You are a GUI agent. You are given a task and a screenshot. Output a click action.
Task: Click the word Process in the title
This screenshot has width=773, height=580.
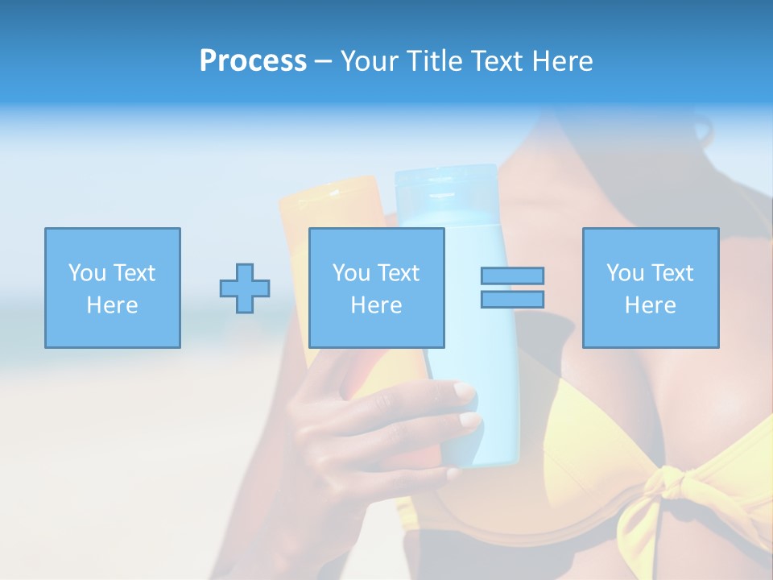click(253, 61)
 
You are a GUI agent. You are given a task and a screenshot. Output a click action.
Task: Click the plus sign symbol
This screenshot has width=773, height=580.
click(245, 288)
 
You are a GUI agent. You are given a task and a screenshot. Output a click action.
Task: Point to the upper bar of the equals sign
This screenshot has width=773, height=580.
click(512, 275)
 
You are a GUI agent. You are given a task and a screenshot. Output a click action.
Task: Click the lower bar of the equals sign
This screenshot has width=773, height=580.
click(512, 300)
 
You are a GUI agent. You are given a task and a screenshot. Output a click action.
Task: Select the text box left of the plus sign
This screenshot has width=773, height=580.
click(112, 288)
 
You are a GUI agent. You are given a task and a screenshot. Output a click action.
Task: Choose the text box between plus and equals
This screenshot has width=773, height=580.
click(376, 288)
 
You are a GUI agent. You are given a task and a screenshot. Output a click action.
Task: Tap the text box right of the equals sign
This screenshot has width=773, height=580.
click(650, 288)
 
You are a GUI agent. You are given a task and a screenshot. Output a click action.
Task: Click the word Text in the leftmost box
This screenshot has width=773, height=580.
click(134, 273)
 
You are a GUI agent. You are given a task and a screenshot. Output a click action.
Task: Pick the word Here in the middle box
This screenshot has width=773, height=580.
click(376, 305)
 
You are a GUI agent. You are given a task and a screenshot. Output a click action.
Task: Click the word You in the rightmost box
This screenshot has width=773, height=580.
click(625, 273)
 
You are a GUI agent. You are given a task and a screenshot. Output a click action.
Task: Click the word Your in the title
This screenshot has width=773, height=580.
click(370, 61)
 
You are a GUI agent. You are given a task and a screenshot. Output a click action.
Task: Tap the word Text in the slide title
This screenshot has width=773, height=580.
click(494, 61)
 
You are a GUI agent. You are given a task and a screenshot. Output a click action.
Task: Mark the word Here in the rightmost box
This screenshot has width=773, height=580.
click(650, 305)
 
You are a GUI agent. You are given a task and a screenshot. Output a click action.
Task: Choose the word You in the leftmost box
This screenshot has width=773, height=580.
click(87, 273)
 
